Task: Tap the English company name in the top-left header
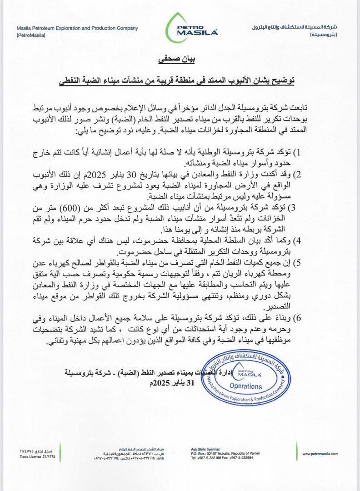[x=77, y=28]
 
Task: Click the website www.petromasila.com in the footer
[x=321, y=453]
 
